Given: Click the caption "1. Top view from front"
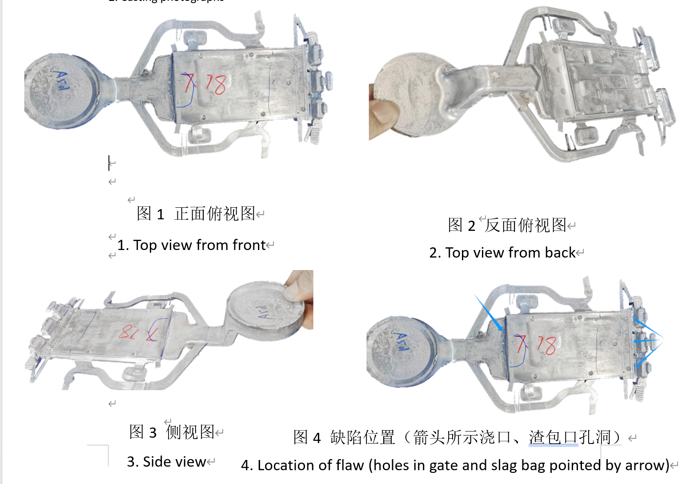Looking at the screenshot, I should pos(192,245).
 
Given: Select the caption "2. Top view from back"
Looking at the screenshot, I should pos(503,253).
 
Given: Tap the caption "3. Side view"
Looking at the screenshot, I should pos(167,462).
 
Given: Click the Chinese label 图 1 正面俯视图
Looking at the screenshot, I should pos(196,214).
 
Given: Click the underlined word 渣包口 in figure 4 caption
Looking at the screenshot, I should pos(554,437).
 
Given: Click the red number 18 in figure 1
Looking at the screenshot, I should pos(215,84).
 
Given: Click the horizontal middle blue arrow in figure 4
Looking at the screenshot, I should pos(647,341).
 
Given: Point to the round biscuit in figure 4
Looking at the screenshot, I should pos(400,351).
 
